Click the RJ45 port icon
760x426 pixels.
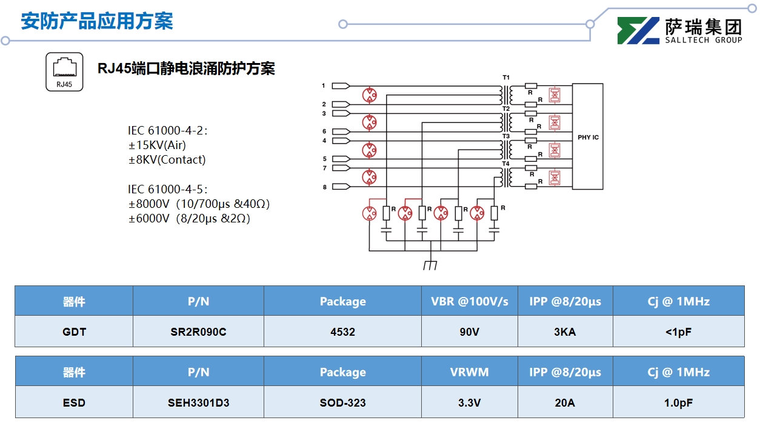point(64,72)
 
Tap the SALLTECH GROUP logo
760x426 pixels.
point(679,30)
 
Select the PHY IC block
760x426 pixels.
point(587,137)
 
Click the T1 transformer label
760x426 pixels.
point(506,78)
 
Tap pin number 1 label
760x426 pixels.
point(324,85)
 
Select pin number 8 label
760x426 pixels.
point(324,187)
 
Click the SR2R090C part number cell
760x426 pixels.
point(198,331)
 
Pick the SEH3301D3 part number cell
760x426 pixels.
point(198,402)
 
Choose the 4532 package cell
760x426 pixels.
point(342,331)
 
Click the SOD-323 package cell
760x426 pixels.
point(342,402)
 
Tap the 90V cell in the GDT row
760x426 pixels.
point(469,331)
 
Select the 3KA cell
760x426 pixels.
point(565,331)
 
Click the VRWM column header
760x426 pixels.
point(469,371)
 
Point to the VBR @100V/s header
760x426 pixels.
point(469,301)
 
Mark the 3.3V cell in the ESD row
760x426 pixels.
point(469,402)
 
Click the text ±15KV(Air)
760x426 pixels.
point(157,145)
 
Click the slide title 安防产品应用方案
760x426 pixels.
point(97,21)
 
